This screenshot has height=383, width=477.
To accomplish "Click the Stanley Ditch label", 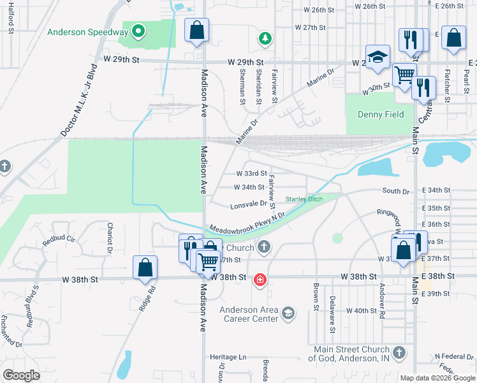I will (304, 199).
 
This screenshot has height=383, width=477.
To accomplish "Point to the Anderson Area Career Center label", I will (249, 315).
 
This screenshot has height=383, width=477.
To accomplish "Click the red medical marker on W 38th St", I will (260, 280).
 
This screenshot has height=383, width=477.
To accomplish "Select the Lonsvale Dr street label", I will (248, 204).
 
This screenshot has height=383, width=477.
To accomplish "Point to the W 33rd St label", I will (251, 173).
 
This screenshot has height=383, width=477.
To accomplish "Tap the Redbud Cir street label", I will (59, 242).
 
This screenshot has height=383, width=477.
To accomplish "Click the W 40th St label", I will (362, 310).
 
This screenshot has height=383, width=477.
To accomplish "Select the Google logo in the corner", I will (22, 375).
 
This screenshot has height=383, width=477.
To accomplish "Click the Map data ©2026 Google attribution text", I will (437, 378).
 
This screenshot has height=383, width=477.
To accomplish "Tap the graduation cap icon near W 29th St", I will (378, 56).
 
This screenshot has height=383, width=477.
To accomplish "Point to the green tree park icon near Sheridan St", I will (265, 40).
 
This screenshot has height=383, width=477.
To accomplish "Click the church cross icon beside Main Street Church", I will (399, 353).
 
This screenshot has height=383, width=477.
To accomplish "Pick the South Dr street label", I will (395, 191).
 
